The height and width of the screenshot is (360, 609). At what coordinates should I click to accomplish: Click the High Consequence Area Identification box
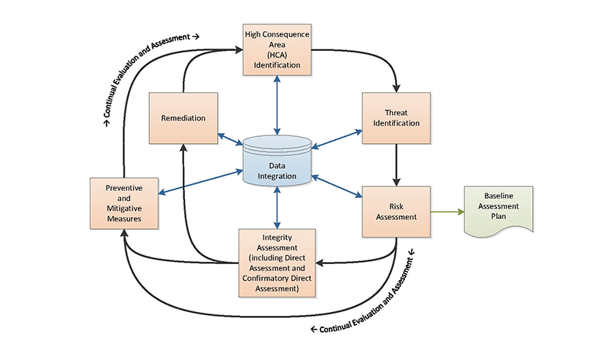click(x=277, y=49)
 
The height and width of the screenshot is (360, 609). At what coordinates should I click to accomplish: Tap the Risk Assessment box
click(x=396, y=210)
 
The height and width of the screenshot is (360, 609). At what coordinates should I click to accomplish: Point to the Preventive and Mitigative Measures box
click(x=123, y=203)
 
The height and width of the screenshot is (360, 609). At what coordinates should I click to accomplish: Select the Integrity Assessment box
click(x=277, y=262)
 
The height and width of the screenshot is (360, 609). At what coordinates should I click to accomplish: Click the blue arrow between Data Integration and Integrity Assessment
click(x=277, y=207)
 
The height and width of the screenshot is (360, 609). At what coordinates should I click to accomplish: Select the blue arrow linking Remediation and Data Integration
click(x=230, y=139)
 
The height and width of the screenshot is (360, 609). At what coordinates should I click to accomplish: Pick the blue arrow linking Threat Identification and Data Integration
click(x=336, y=138)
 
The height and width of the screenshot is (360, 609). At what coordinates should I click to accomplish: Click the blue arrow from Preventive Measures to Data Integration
click(x=198, y=180)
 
